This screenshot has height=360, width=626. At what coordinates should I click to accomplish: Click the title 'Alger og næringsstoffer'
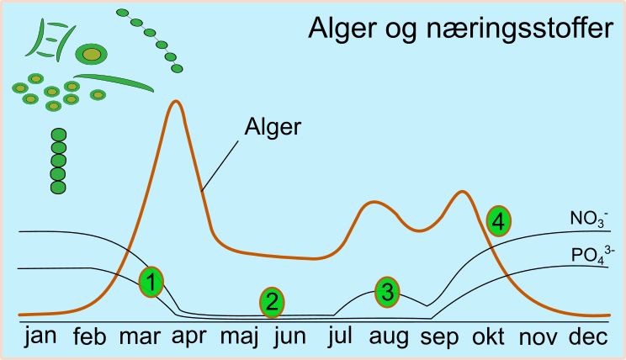coord(460,29)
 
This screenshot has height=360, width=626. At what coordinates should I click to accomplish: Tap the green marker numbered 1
coord(151,282)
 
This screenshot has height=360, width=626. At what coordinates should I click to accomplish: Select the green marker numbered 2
coord(272,303)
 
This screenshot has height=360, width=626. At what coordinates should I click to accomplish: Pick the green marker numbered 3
coord(387,292)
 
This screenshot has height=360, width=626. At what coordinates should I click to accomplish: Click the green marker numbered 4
coord(499,221)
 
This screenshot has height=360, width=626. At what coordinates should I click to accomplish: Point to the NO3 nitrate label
coord(589,219)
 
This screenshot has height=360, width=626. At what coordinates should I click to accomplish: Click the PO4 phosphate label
coord(592,255)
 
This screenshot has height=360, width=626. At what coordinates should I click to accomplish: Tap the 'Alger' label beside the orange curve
coord(273,128)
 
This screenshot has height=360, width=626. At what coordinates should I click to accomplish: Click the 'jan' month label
coord(40,336)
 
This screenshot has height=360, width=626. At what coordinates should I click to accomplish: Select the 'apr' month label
coord(189,337)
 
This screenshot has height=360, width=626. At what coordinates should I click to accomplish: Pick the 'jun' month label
coord(290,336)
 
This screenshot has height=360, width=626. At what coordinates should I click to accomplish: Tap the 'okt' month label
coord(488,336)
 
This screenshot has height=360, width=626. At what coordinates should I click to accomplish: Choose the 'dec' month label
coord(588,336)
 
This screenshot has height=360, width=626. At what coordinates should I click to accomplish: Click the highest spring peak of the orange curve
coord(175,102)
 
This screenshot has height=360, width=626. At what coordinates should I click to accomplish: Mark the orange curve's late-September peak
coord(462,193)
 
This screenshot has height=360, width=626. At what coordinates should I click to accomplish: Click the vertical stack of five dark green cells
coord(59,161)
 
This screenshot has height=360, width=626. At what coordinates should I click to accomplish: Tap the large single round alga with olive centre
coord(92,55)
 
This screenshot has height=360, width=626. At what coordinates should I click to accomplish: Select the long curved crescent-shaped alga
coord(114,82)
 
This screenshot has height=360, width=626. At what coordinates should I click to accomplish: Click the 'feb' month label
coord(89,336)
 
